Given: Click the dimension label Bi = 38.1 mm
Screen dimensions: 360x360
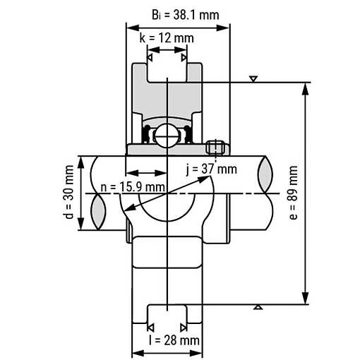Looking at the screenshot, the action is coord(186,15).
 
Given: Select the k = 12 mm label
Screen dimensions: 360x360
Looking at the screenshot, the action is coord(167,38).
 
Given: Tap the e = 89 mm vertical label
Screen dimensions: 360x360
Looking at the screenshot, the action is coord(293,193).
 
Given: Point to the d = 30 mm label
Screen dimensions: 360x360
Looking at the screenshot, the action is coord(68,192).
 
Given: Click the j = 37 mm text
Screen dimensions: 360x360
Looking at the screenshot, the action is coord(211,169).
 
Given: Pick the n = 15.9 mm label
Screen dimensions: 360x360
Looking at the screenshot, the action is coord(133,187).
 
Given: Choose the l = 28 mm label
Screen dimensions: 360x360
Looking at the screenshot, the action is coord(174,340).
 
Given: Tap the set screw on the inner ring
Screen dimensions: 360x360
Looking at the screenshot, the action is coord(215,148).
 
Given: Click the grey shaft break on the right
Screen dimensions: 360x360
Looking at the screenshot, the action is coord(266,174).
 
